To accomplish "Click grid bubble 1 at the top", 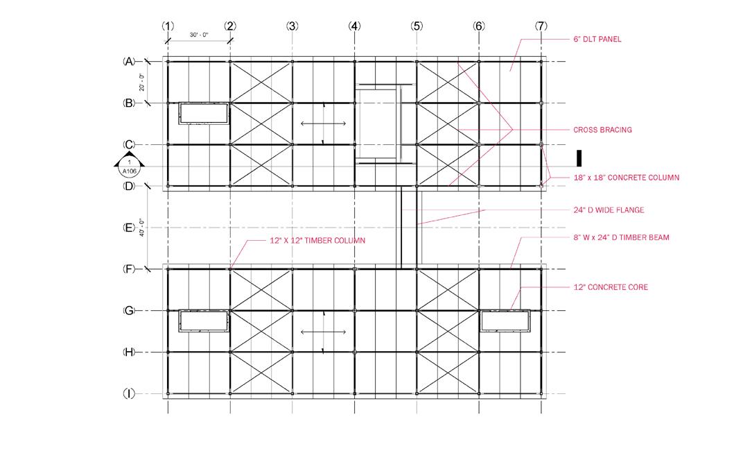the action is pos(167,26).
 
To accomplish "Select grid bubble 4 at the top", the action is pos(355,26).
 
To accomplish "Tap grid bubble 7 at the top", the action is pos(541,26).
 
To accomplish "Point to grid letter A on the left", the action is pos(129,61).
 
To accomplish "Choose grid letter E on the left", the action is pos(129,228).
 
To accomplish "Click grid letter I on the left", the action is pos(129,393).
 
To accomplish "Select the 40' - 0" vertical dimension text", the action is pos(141,228).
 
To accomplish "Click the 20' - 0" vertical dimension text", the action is pos(141,83).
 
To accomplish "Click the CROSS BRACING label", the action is pos(602,130).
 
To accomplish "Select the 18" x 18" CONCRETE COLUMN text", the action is pos(626,178).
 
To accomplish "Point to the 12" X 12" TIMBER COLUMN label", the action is pos(317,240).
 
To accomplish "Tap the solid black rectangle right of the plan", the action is pos(579,156).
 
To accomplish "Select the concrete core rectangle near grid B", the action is pos(204,114).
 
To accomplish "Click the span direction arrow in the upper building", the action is pos(324,123).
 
